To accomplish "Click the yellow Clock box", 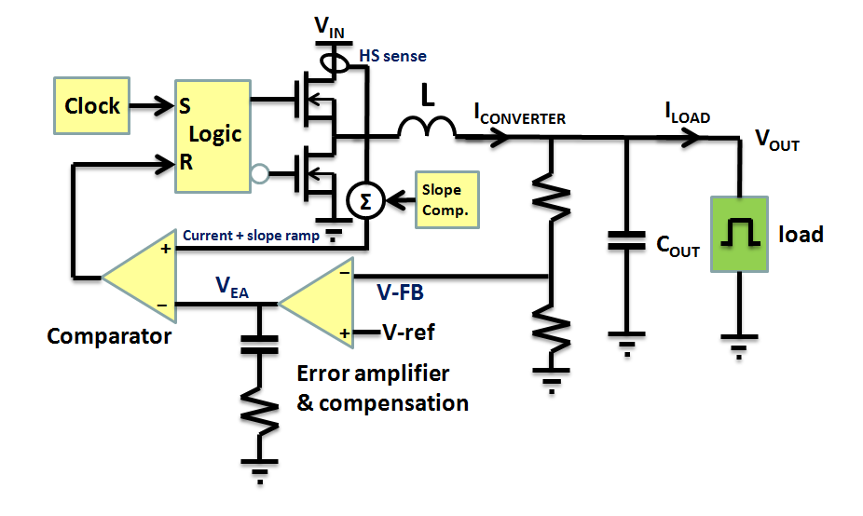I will click(92, 105).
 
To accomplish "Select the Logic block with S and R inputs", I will click(213, 135).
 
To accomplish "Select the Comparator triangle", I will click(140, 277).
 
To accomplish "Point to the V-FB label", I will click(402, 293).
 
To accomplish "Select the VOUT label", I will click(776, 143).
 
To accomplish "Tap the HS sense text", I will click(392, 56).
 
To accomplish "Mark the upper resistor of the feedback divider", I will click(552, 199).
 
